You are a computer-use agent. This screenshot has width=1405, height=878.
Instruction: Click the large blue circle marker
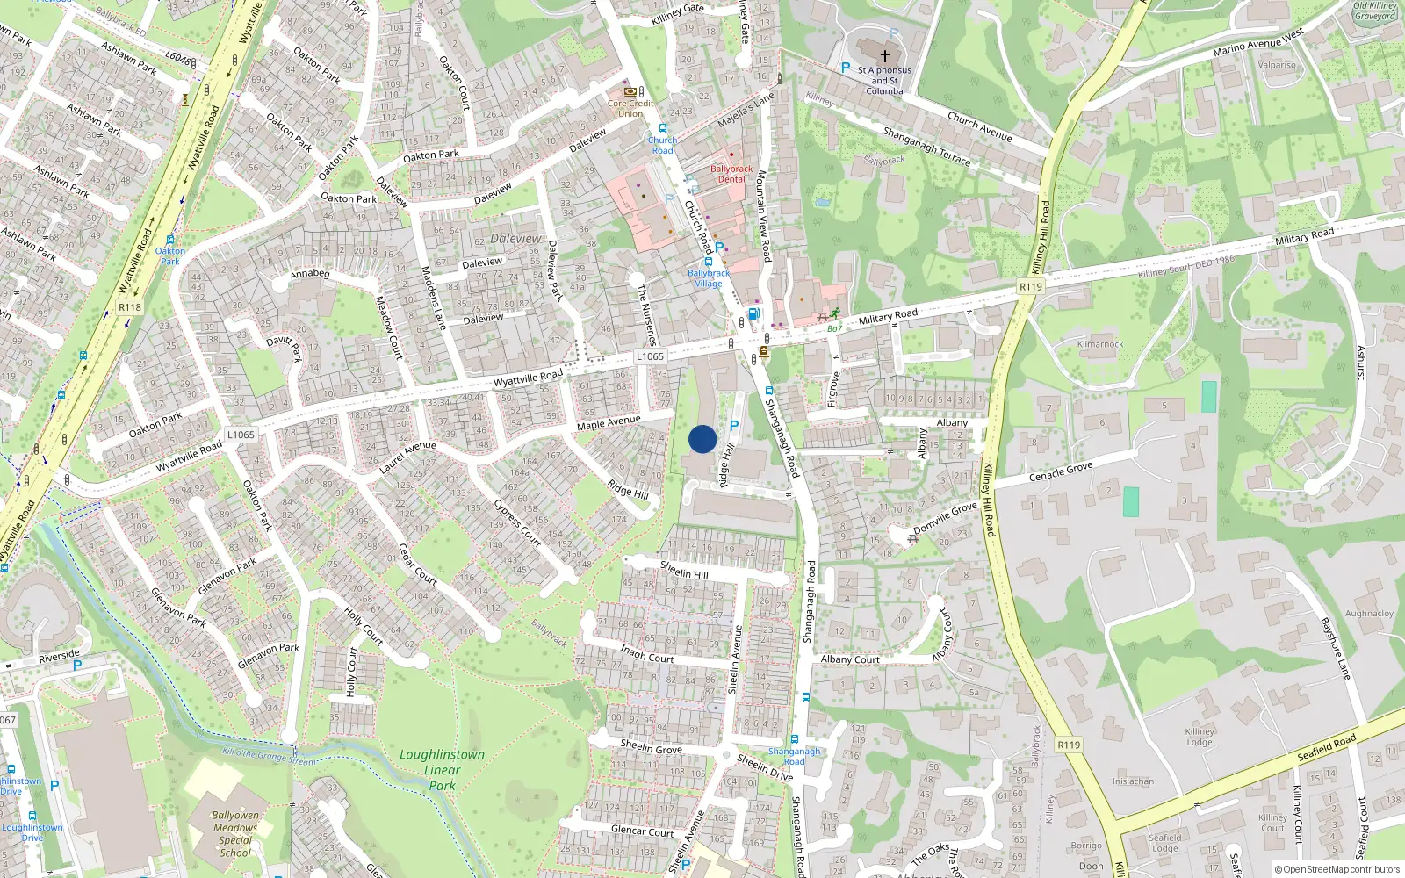tap(702, 439)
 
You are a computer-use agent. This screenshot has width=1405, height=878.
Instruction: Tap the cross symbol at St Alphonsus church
tap(884, 55)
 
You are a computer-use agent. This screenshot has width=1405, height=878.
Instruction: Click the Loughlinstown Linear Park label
tap(442, 770)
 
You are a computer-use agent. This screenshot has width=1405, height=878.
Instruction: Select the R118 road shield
tap(130, 307)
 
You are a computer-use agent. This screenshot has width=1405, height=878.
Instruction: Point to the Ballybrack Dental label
tap(731, 174)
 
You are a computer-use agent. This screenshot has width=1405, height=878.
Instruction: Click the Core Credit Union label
tap(630, 108)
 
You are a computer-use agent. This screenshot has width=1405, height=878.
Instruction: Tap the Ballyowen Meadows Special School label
tap(235, 833)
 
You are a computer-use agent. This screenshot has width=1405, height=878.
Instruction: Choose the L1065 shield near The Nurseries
tap(650, 356)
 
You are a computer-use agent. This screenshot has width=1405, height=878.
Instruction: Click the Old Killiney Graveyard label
tap(1374, 11)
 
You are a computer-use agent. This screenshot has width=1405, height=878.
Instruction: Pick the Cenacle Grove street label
tap(1061, 472)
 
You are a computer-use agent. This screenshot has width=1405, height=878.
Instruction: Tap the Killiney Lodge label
tap(1200, 737)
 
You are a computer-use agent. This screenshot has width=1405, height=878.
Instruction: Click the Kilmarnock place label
tap(1100, 344)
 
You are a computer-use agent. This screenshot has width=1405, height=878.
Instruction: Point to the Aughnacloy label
tap(1369, 614)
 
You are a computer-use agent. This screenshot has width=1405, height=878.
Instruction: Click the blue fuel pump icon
tap(753, 313)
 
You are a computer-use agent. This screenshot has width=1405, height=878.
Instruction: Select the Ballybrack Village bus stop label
tap(709, 278)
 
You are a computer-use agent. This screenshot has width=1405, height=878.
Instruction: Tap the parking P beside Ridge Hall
tap(734, 426)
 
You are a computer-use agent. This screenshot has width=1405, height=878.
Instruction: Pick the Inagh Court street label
tap(647, 654)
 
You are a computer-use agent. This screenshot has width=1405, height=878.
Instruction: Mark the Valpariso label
tap(1277, 65)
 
